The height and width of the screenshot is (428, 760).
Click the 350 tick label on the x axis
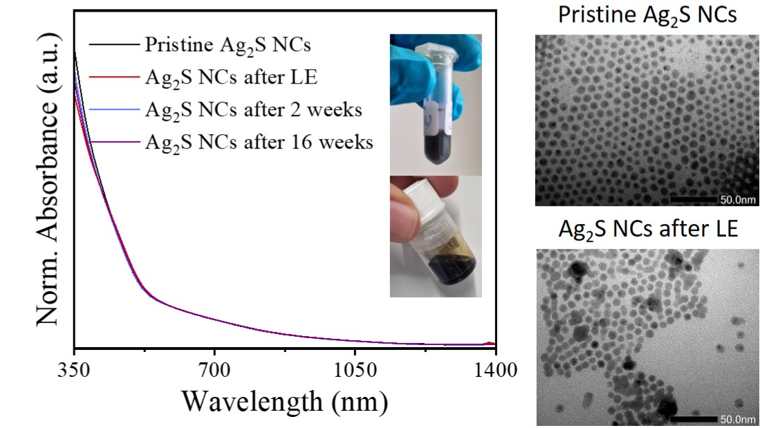(x=74, y=371)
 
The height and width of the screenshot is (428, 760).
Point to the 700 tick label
(x=214, y=371)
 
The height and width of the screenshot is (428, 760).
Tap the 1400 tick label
(x=495, y=371)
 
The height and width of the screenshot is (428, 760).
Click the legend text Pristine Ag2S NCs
(x=228, y=45)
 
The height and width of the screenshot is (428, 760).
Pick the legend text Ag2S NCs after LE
(x=231, y=77)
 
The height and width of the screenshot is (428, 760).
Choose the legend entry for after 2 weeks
(x=253, y=110)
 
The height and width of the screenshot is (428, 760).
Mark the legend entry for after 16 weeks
(x=259, y=142)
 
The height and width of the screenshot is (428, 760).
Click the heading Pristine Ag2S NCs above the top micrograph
(x=647, y=16)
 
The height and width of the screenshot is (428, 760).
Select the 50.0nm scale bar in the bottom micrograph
(x=694, y=419)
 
